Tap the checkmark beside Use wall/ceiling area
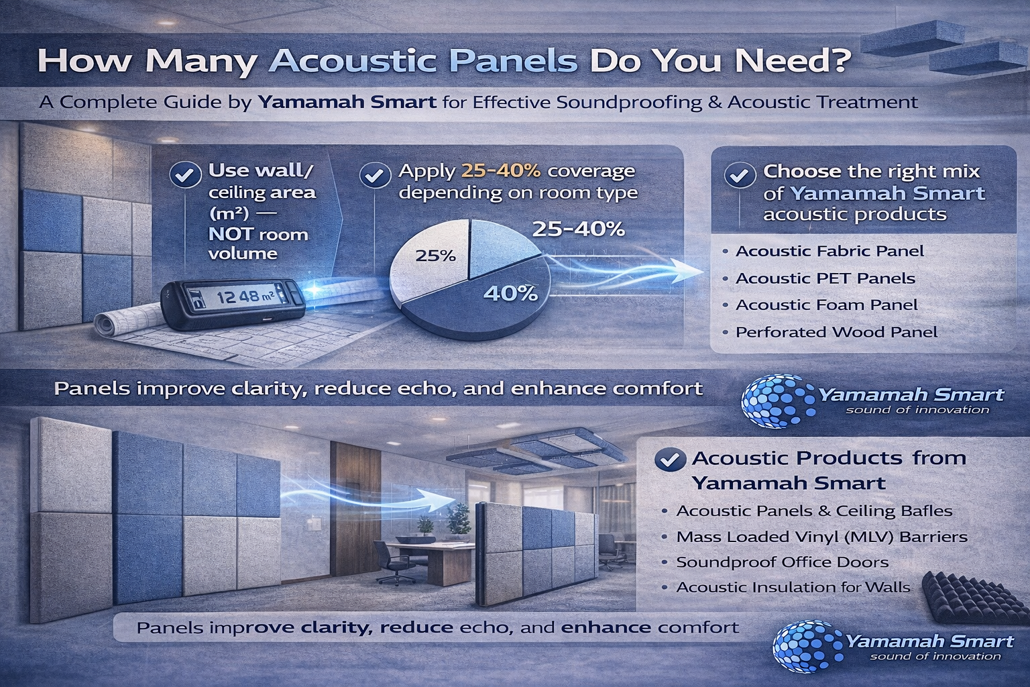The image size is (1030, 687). coord(185,175)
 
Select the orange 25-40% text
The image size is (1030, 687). coord(501,171)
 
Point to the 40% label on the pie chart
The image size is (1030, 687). coord(511,294)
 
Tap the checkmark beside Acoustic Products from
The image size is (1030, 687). coord(671,459)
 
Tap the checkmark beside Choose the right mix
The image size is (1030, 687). coord(740,176)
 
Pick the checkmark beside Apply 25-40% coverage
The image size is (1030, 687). coord(375,175)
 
